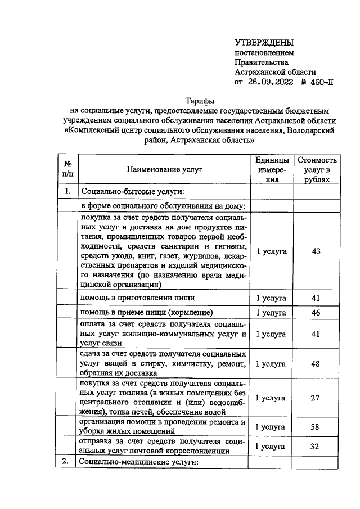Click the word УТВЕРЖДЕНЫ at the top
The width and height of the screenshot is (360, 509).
tap(264, 43)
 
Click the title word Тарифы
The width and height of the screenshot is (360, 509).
tap(200, 101)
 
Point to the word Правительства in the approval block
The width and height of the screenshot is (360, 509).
tap(262, 62)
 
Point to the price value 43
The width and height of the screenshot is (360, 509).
tap(316, 251)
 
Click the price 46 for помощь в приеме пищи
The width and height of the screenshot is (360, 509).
tap(316, 312)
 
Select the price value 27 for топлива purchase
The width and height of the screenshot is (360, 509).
tap(316, 398)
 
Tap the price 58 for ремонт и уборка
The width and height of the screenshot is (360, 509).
tap(316, 427)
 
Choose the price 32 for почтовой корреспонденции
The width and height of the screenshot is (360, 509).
tap(316, 447)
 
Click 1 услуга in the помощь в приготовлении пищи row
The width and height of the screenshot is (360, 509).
tap(272, 298)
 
